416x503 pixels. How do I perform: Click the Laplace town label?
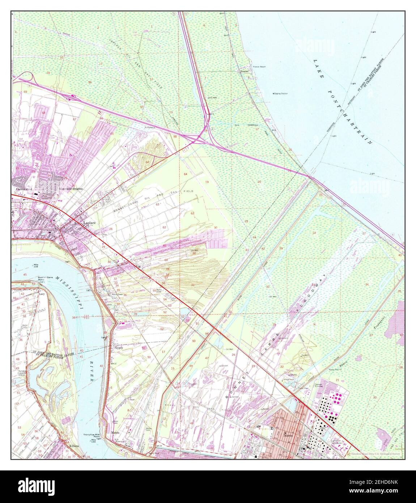[x=89, y=223]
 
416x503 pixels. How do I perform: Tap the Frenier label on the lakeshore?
[x=245, y=72]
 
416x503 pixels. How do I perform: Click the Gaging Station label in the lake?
[x=281, y=94]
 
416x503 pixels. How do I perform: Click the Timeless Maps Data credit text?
[x=376, y=453]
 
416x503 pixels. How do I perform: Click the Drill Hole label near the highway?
[x=212, y=97]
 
